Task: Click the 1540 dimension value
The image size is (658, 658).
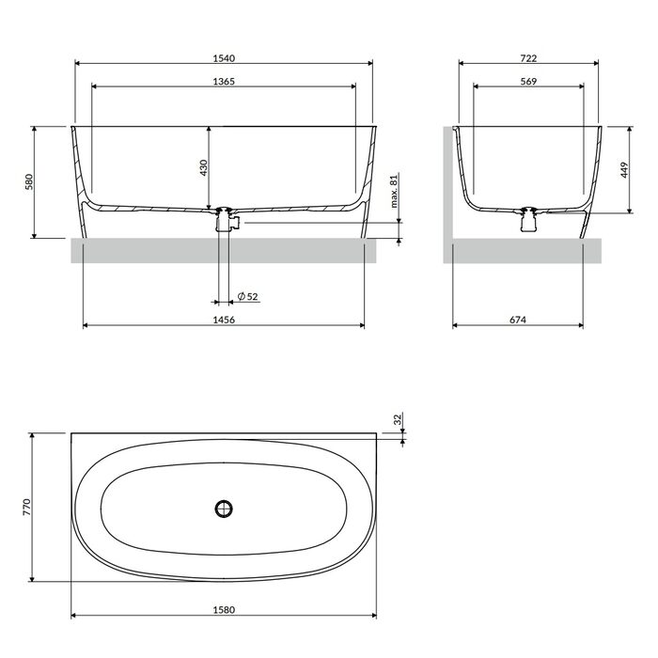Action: click(224, 58)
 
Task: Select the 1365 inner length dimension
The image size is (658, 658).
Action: click(224, 82)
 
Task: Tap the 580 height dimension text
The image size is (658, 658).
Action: click(29, 181)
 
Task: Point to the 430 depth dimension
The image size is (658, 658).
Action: click(204, 167)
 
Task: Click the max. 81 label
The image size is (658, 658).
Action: click(394, 191)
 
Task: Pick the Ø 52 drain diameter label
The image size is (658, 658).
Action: click(247, 296)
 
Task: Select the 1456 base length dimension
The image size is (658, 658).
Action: click(224, 320)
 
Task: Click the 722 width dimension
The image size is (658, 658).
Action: click(528, 58)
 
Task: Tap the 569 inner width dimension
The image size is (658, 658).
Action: click(528, 82)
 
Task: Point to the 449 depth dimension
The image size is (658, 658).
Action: click(624, 170)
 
